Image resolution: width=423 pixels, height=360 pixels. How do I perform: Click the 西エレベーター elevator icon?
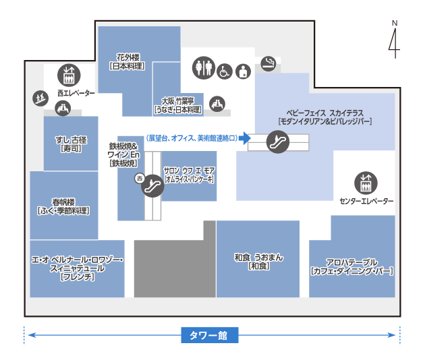pos(68,72)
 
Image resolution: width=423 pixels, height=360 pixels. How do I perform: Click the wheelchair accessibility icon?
pos(225,69)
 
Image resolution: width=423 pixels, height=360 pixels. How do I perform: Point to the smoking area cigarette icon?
pos(269,63)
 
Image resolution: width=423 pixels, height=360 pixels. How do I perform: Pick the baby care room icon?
pos(244,70)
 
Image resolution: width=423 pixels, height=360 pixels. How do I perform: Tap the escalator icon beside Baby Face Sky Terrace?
pos(277,142)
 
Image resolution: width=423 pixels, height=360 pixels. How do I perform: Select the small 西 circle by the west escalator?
pos(140,179)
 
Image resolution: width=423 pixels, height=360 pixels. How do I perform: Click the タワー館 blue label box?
pos(210,334)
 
